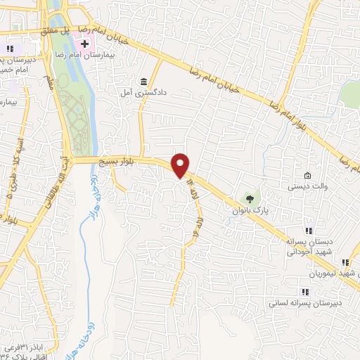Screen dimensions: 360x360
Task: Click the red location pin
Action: (x=181, y=165)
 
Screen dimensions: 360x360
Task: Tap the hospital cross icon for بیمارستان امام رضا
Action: (x=84, y=44)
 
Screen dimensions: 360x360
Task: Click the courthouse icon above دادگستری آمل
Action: (x=144, y=81)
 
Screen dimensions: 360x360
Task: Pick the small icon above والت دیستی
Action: (x=307, y=176)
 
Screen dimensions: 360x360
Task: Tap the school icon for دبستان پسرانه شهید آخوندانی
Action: (x=307, y=231)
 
